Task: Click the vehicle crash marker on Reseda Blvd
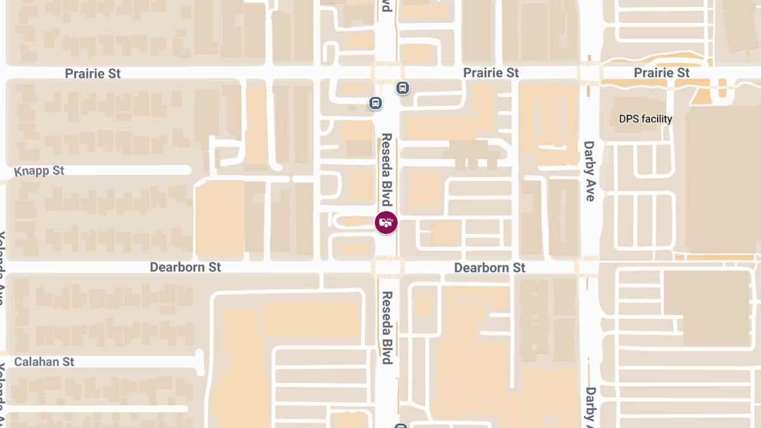pyautogui.click(x=386, y=223)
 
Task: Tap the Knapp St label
pyautogui.click(x=39, y=171)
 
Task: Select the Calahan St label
pyautogui.click(x=44, y=361)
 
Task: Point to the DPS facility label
pyautogui.click(x=646, y=119)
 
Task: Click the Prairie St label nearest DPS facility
pyautogui.click(x=662, y=73)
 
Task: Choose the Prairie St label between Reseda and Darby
pyautogui.click(x=491, y=73)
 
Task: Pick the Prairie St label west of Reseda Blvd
pyautogui.click(x=93, y=74)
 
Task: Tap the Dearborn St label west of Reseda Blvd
pyautogui.click(x=185, y=267)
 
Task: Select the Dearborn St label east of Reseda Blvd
pyautogui.click(x=490, y=268)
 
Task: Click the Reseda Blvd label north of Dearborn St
pyautogui.click(x=387, y=170)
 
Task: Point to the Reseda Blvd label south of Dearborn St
pyautogui.click(x=387, y=327)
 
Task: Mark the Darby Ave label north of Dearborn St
pyautogui.click(x=590, y=171)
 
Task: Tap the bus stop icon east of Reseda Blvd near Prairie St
pyautogui.click(x=402, y=88)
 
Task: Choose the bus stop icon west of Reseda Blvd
pyautogui.click(x=375, y=102)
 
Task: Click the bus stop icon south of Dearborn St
pyautogui.click(x=400, y=425)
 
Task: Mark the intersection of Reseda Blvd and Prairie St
pyautogui.click(x=386, y=73)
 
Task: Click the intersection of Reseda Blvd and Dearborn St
pyautogui.click(x=386, y=267)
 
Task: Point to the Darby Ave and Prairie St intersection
pyautogui.click(x=589, y=72)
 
